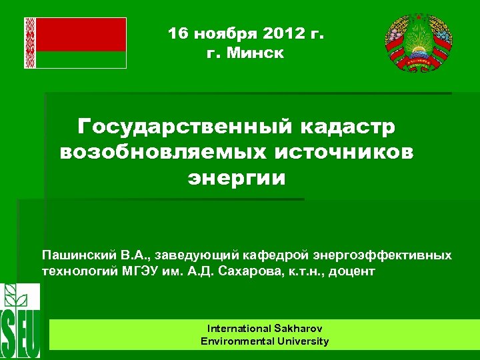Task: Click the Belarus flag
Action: (75, 43)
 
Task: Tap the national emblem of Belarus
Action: (419, 44)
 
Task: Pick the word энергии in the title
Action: (236, 178)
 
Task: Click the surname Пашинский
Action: (78, 255)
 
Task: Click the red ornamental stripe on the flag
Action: (29, 43)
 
